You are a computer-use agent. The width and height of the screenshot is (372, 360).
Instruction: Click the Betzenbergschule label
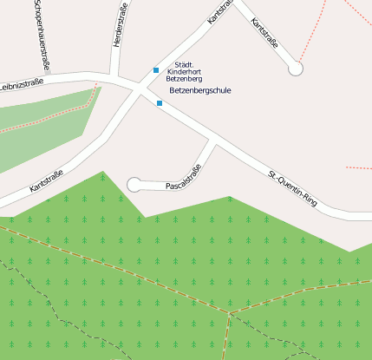(x=200, y=90)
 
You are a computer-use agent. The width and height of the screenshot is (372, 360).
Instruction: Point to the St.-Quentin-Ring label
(x=293, y=190)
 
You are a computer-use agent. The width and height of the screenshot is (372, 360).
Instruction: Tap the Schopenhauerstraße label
(x=40, y=33)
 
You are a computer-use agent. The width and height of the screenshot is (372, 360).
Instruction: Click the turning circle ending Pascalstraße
(x=134, y=184)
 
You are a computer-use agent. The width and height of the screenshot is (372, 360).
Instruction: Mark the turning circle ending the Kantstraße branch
(x=297, y=69)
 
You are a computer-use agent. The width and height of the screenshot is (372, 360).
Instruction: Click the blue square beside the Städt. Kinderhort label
(x=156, y=70)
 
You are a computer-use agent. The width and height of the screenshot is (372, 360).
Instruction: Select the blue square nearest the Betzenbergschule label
(x=160, y=103)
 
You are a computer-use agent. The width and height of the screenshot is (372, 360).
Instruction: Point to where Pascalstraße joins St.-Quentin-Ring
(x=212, y=141)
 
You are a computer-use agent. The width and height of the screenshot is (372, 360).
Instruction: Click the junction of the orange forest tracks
(x=230, y=312)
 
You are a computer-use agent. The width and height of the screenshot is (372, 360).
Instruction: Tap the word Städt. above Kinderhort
(x=183, y=64)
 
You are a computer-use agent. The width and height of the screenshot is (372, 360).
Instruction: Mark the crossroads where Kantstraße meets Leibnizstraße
(x=139, y=87)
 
